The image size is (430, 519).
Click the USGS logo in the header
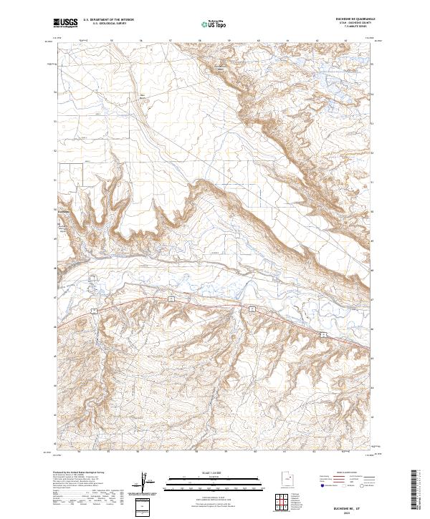[x=65, y=24]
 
